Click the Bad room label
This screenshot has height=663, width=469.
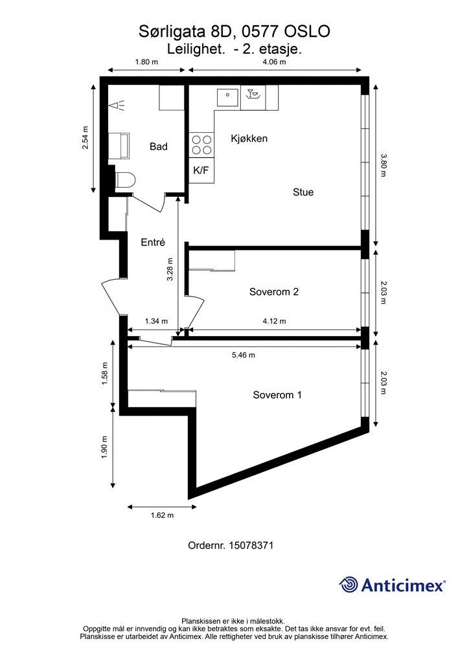point(159,147)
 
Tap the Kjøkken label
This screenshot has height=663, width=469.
point(249,139)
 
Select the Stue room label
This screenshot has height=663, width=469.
point(303,192)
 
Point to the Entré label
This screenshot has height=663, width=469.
point(153,242)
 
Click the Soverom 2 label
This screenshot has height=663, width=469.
point(274,292)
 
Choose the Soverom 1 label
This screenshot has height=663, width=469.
point(277,395)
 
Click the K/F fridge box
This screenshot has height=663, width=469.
point(201,170)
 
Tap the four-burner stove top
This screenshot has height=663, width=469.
point(201,144)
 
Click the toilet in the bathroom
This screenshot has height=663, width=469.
point(125,180)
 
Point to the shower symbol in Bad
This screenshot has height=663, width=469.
point(117,105)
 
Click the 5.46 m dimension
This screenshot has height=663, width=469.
point(244,355)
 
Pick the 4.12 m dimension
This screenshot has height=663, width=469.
point(274,321)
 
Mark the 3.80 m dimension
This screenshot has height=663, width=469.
point(383,165)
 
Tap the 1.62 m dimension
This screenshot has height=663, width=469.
point(162,515)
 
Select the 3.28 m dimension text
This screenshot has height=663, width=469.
point(170,270)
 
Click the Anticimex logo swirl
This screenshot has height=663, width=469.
point(349,585)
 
